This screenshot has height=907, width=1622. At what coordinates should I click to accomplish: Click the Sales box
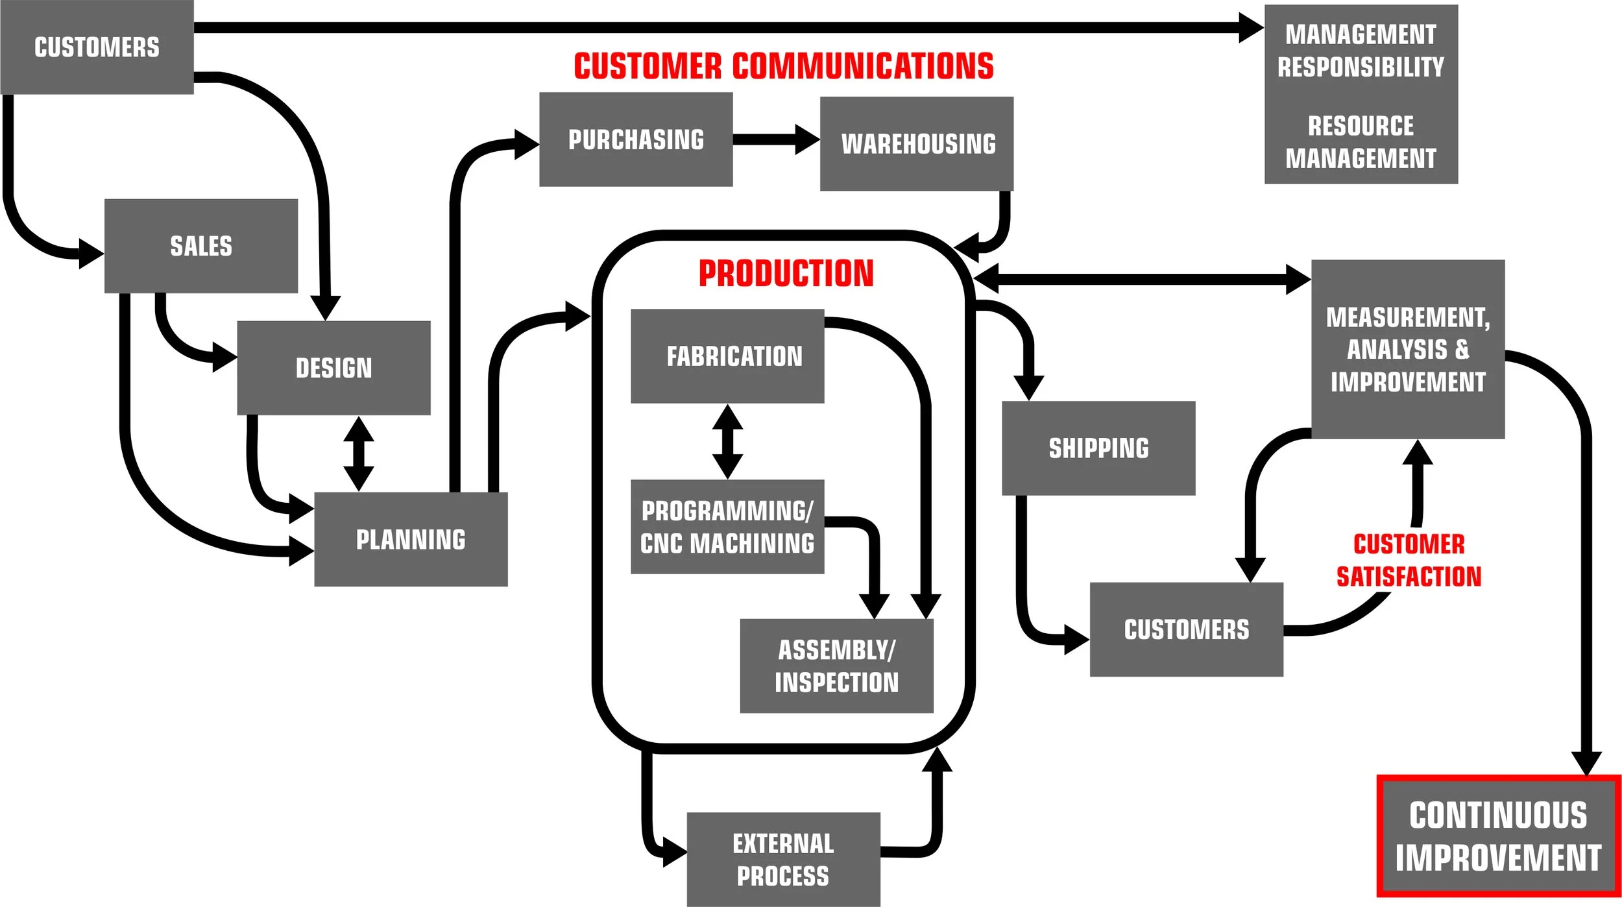[200, 246]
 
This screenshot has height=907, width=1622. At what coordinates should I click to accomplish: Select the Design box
[333, 368]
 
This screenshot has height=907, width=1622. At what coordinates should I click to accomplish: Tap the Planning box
[411, 539]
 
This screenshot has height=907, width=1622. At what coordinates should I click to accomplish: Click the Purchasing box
[636, 139]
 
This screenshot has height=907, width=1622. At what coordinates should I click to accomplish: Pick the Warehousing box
[917, 143]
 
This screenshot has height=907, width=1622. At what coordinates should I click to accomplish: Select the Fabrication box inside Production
[727, 356]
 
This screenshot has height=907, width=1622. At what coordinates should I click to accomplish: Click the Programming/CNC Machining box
[727, 527]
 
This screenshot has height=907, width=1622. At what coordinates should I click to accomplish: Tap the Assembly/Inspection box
[836, 666]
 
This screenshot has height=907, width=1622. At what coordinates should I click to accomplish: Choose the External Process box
[783, 859]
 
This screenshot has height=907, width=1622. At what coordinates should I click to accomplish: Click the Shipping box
[1098, 448]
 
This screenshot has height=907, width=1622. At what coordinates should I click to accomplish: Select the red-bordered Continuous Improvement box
[1498, 836]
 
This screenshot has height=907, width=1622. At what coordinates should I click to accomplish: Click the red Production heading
[786, 273]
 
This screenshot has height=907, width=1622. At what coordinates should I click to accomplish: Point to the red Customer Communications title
[783, 66]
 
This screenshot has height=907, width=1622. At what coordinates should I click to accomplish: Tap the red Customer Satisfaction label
[1409, 560]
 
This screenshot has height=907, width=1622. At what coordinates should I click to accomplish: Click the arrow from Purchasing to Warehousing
[775, 139]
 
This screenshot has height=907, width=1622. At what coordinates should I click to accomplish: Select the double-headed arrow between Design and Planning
[359, 453]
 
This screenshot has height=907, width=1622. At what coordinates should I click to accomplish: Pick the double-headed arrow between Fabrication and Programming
[727, 442]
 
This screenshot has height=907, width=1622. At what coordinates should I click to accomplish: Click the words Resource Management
[1361, 142]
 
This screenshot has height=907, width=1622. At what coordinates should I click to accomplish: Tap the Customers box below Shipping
[1186, 629]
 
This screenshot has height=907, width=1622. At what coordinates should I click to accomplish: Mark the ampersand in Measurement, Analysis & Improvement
[1462, 349]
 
